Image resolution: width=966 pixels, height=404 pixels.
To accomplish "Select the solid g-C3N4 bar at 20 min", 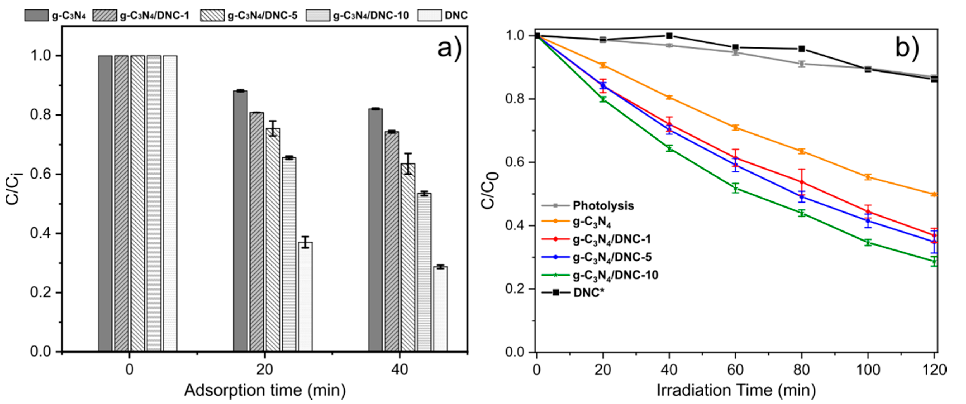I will coord(240,221).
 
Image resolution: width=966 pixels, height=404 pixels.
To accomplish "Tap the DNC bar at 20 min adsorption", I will coord(305,296).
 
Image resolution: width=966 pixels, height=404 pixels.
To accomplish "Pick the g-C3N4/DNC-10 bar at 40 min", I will coord(424,272).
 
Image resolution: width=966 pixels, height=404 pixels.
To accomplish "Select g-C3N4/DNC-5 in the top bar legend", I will coord(263,15).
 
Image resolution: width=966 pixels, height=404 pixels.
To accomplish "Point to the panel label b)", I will coord(907,48).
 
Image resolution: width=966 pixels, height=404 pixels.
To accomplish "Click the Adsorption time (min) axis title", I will coord(265,390).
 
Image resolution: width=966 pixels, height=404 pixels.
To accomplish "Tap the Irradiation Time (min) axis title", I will coord(736,390).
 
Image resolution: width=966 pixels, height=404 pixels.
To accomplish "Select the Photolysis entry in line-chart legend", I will coord(603,206).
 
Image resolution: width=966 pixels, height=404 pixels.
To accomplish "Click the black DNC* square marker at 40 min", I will coord(669,36).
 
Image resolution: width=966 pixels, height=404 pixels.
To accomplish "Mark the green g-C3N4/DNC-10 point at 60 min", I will coord(735,189).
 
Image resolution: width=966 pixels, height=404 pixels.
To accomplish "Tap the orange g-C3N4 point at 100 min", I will coord(868,177).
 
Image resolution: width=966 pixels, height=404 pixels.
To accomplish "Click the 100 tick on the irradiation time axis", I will coord(868,370).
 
